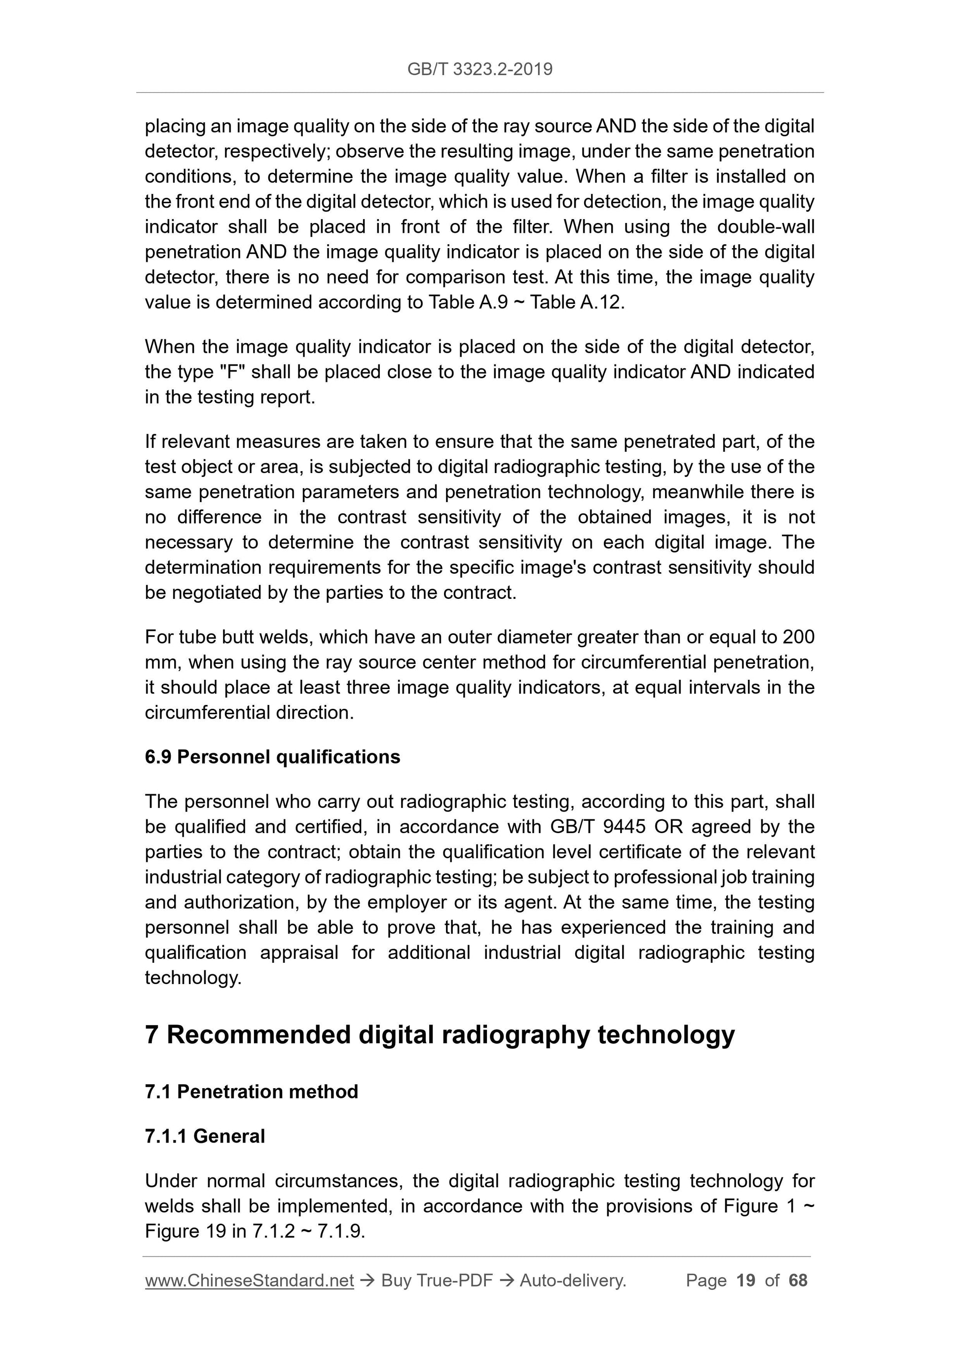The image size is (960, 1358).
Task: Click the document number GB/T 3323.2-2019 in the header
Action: [x=480, y=69]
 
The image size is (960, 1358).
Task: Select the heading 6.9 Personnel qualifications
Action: [x=272, y=757]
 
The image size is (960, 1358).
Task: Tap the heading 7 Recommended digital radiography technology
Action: [x=440, y=1034]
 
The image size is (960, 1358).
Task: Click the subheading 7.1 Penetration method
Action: [x=252, y=1091]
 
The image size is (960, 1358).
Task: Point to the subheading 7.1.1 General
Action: [x=205, y=1136]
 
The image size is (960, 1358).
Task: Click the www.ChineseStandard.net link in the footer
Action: [x=249, y=1281]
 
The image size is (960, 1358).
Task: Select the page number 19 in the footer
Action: [x=746, y=1281]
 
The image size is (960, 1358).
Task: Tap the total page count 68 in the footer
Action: [x=797, y=1281]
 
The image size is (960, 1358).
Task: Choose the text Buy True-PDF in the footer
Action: [x=437, y=1281]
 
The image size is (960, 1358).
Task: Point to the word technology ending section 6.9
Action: [x=193, y=978]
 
